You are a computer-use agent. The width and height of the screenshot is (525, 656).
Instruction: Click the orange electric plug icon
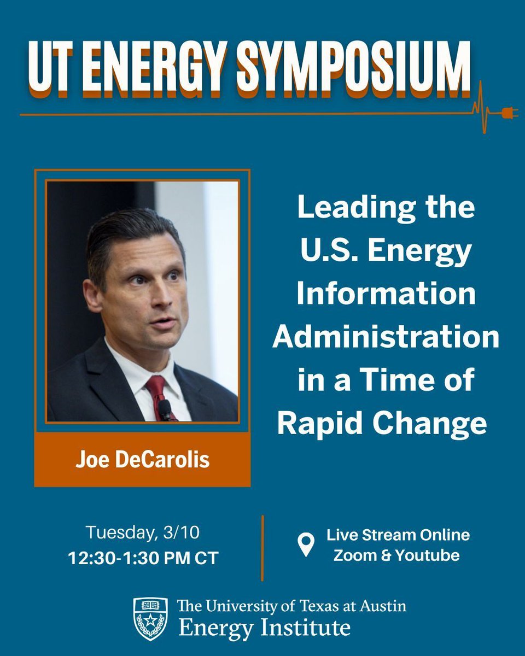point(509,114)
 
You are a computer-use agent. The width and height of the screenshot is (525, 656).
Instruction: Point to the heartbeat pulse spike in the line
point(483,109)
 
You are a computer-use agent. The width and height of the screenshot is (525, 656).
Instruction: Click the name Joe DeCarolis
point(142,460)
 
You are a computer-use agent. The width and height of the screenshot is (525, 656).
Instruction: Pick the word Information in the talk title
point(386,295)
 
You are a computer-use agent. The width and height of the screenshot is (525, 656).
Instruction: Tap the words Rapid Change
point(382,424)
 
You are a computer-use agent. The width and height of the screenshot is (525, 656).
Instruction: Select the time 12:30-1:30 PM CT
point(143,558)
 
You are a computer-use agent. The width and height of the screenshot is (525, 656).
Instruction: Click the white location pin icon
point(306,544)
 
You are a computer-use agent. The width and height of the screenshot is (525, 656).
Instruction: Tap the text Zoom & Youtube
point(396,555)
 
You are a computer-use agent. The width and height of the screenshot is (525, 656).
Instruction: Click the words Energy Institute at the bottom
point(264,627)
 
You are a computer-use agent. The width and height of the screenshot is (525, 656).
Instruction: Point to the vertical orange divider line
point(262,547)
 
